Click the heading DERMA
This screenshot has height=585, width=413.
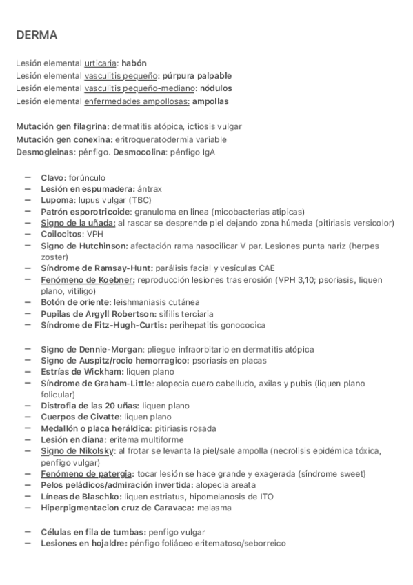[x=37, y=34]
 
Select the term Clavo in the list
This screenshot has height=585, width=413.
[x=53, y=177]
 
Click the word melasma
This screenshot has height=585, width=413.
[x=213, y=508]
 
